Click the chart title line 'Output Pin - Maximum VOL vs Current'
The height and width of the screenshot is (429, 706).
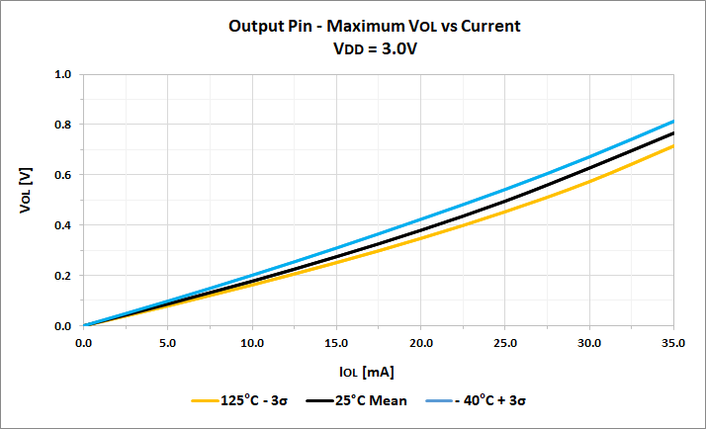coord(374,26)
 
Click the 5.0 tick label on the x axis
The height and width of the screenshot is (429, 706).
coord(168,343)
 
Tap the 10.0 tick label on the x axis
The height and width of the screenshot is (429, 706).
coord(252,343)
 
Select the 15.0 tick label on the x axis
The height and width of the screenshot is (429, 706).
coord(336,343)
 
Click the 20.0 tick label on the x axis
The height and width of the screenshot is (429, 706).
coord(421,343)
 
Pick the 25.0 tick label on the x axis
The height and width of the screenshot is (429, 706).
coord(505,343)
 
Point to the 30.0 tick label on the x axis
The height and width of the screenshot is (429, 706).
coord(589,343)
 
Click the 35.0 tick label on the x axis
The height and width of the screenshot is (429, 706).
coord(673,343)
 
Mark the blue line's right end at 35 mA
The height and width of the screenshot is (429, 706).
coord(673,122)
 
